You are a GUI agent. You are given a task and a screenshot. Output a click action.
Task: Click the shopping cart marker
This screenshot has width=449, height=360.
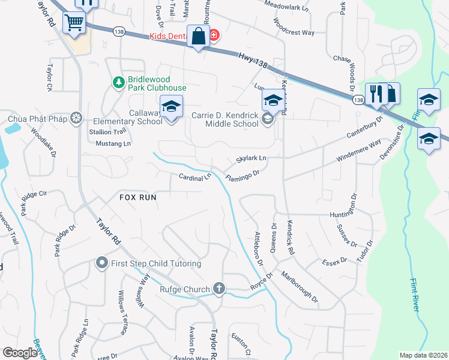(74, 22)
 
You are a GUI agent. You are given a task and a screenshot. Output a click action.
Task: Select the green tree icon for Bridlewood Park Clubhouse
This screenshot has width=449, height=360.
(118, 81)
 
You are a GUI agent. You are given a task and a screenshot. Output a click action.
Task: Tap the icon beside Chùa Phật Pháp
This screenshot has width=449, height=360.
(76, 117)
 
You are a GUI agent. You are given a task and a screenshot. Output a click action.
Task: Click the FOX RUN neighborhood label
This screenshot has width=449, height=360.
(137, 197)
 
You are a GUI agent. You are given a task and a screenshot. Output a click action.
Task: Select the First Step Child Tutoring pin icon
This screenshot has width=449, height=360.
(101, 263)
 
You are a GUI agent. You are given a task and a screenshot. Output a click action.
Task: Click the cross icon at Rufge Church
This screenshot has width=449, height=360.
(219, 289)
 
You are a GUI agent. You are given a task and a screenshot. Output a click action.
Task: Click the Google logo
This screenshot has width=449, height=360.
(20, 353)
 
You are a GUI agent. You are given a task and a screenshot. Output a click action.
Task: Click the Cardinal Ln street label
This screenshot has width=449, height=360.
(195, 177)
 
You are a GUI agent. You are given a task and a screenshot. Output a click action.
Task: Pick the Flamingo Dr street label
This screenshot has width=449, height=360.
(242, 175)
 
